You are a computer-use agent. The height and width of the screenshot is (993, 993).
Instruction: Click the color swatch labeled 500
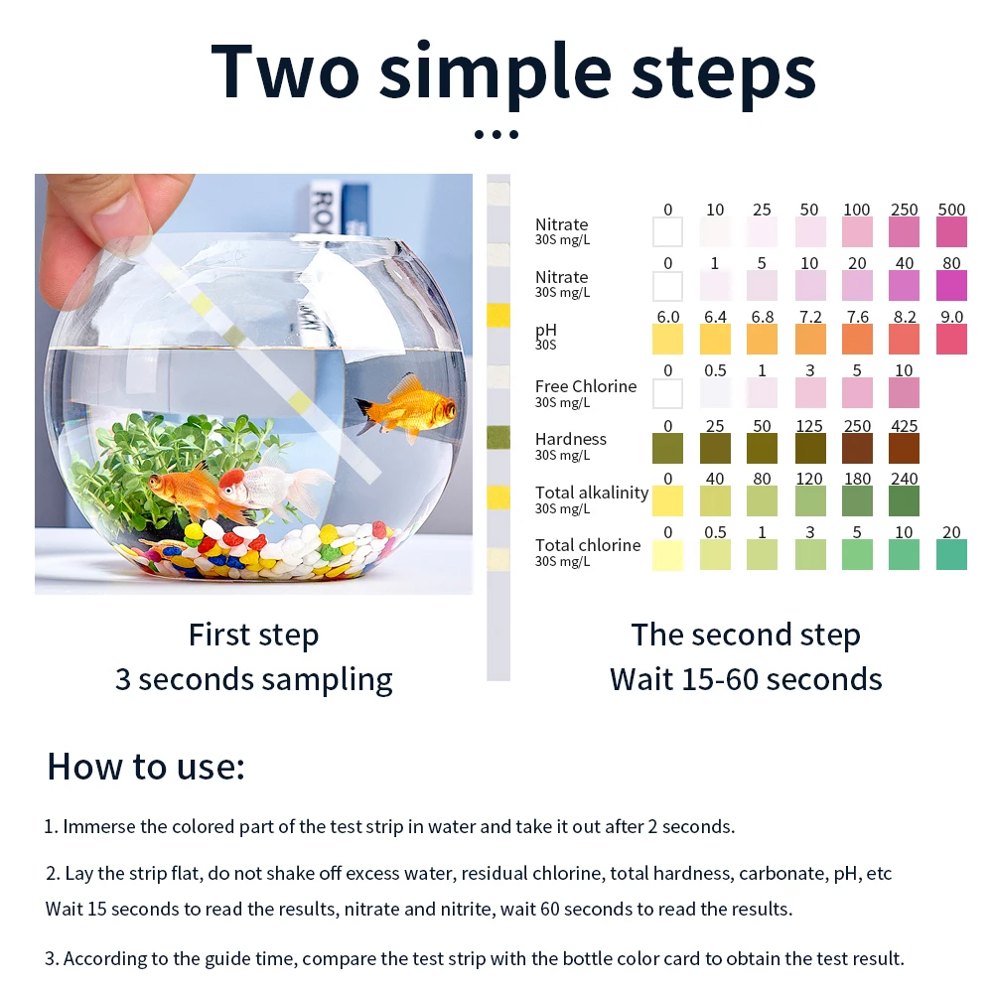[x=951, y=231]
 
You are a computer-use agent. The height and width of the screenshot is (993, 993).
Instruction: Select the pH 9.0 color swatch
[x=951, y=340]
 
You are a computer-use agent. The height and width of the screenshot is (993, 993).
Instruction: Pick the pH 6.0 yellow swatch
[x=667, y=340]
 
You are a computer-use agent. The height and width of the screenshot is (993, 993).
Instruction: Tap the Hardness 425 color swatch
[x=904, y=449]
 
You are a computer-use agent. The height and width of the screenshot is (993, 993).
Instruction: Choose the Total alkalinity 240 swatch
[x=904, y=500]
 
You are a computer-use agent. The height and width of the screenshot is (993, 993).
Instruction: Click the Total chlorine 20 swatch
[x=951, y=555]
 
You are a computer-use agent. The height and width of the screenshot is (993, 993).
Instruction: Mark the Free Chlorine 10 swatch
[x=904, y=393]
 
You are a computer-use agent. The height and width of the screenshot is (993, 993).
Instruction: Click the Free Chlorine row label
[x=586, y=386]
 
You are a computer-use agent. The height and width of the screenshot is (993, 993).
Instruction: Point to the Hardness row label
[x=571, y=439]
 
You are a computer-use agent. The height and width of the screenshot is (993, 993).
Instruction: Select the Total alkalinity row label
[x=592, y=493]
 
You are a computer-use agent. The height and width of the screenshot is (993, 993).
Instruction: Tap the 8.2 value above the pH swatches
[x=905, y=317]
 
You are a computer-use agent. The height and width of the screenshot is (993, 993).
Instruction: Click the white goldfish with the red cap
[x=272, y=487]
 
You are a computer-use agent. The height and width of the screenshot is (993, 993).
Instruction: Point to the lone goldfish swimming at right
[x=405, y=406]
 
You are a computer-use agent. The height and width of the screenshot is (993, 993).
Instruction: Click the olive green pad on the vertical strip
[x=498, y=438]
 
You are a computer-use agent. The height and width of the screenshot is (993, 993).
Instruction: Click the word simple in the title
[x=496, y=73]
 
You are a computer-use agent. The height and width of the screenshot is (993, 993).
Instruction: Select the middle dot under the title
[x=496, y=134]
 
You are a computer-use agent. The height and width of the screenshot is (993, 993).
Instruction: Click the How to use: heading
[x=146, y=767]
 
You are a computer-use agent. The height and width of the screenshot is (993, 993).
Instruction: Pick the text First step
[x=253, y=636]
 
